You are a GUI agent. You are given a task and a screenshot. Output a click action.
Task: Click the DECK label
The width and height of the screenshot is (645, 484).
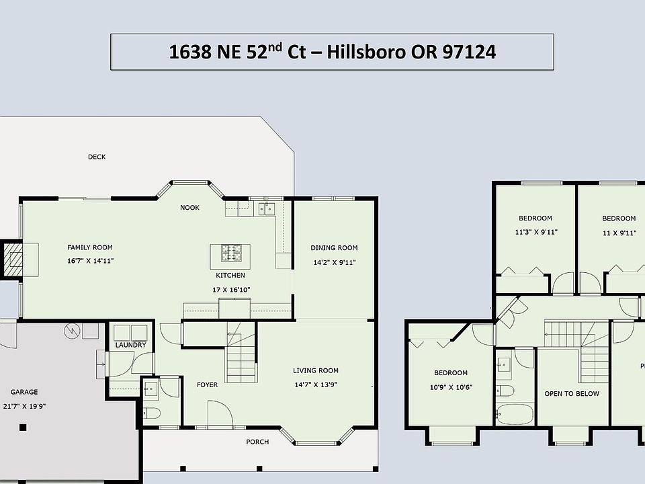pos(97,157)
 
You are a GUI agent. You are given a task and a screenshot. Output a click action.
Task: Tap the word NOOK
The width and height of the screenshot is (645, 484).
pos(189,208)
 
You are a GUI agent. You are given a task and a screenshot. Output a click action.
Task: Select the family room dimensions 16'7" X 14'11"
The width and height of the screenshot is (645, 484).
pos(91,261)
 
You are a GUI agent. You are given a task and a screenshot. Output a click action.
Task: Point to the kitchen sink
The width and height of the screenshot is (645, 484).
pos(267,209)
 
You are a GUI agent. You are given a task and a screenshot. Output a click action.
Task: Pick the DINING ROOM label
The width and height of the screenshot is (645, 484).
pos(334,248)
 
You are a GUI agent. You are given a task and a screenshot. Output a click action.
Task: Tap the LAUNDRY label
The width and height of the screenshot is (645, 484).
pos(130,345)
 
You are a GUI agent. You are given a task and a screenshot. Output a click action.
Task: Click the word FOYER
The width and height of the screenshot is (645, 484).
pos(208,385)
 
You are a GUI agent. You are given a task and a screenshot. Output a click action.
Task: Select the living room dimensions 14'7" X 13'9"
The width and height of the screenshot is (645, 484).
pos(316,385)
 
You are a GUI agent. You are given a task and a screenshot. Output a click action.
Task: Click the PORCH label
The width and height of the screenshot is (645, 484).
pos(257,442)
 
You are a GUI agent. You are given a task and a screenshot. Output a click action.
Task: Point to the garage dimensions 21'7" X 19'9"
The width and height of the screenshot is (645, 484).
pos(24,406)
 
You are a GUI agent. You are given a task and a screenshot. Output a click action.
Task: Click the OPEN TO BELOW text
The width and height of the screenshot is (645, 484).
pos(572,394)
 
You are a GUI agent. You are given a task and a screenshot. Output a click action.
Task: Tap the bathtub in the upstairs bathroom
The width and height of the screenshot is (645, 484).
pos(515,414)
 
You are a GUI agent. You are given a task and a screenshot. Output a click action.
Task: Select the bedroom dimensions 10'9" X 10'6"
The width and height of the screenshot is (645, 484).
pos(451,387)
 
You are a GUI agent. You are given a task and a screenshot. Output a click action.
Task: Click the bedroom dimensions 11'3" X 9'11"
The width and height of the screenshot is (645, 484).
pos(536,232)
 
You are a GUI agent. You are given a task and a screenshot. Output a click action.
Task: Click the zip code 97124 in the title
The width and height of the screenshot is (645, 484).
pos(469,52)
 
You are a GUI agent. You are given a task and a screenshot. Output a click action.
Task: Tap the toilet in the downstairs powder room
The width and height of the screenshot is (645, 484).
pos(151,413)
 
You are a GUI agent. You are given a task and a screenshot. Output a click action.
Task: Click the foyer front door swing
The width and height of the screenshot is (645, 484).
pos(220,413)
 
